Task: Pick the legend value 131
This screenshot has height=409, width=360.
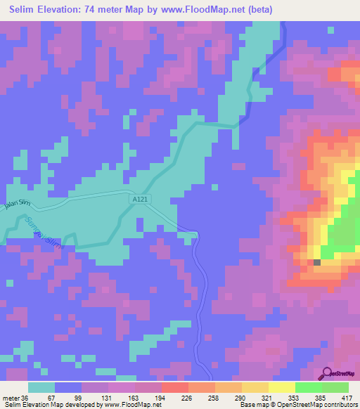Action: click(108, 398)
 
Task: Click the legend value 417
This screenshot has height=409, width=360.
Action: click(347, 398)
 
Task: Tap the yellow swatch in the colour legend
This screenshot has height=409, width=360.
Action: click(281, 387)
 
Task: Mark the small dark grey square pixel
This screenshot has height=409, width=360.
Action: click(317, 263)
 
